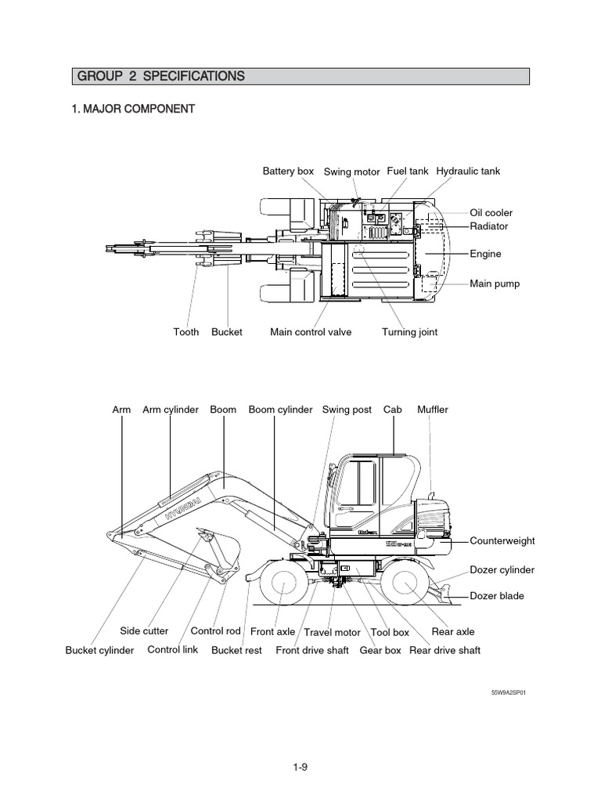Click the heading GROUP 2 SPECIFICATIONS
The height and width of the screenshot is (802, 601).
(160, 76)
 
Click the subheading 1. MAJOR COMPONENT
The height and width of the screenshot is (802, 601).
(133, 109)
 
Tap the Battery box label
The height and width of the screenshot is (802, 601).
(288, 171)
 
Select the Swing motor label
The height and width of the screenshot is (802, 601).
(351, 172)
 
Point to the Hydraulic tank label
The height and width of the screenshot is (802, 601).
(467, 171)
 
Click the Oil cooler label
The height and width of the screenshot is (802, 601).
(491, 212)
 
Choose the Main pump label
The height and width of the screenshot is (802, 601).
(494, 284)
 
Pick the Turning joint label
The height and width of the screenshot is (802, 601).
(409, 332)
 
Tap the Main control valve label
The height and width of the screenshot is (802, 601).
(311, 332)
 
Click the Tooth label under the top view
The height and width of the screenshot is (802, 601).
(186, 332)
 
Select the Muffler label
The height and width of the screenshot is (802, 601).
(433, 410)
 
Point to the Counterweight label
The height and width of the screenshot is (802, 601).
(501, 541)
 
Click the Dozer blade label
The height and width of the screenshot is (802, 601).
(497, 596)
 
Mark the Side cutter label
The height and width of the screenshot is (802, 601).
(144, 631)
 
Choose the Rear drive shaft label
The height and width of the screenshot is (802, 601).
(445, 650)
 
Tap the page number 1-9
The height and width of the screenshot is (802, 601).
(300, 768)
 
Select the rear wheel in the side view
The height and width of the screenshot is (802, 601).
(407, 585)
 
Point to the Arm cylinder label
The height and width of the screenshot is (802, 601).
(171, 410)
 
